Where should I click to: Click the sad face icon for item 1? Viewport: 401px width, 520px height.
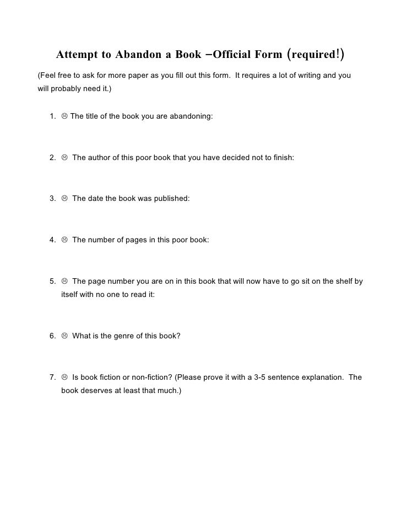click(x=64, y=116)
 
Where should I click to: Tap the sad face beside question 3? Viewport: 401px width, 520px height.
click(x=64, y=198)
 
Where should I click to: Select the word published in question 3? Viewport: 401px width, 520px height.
click(x=170, y=198)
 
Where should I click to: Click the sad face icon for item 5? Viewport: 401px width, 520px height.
click(x=64, y=281)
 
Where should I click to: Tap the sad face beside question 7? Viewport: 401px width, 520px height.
click(x=64, y=378)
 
